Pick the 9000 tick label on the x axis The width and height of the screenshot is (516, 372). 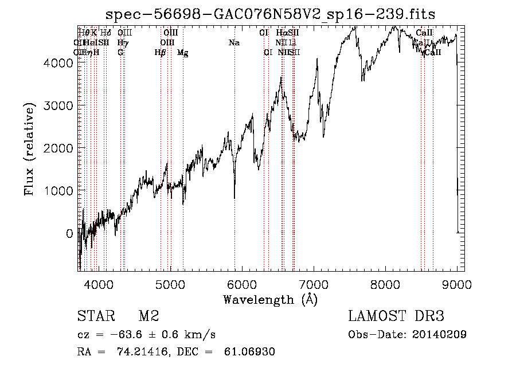click(x=457, y=284)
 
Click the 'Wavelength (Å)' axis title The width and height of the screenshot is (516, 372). click(x=270, y=299)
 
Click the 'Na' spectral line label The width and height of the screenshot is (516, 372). click(x=234, y=42)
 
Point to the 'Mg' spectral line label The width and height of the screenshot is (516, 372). click(x=182, y=53)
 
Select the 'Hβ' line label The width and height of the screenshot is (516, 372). click(x=161, y=53)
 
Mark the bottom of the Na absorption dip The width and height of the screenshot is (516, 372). click(x=234, y=198)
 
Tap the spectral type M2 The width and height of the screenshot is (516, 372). click(x=148, y=316)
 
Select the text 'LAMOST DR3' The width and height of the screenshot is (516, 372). click(x=396, y=316)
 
